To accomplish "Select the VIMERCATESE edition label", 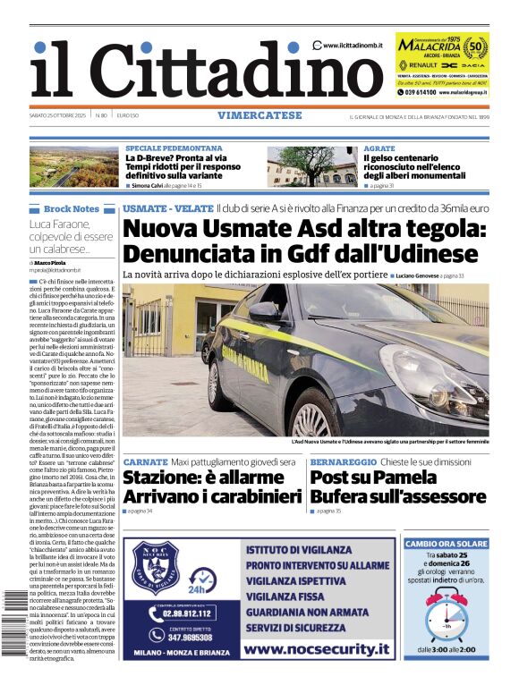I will (259, 115).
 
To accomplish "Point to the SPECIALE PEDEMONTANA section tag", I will (174, 148).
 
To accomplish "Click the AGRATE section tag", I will (379, 148).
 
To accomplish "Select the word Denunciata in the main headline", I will (211, 253).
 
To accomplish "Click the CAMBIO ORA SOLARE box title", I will (447, 543).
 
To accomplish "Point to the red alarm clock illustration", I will (445, 616).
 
